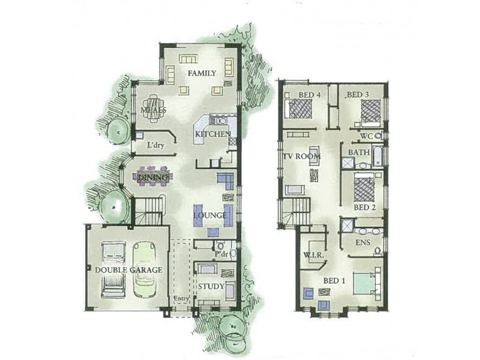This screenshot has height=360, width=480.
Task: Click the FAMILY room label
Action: point(202,73)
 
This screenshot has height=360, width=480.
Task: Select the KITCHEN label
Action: point(212,134)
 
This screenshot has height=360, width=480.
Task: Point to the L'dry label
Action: point(155,145)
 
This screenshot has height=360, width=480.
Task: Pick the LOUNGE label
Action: point(209,215)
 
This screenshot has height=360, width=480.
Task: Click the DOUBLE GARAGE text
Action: point(128,270)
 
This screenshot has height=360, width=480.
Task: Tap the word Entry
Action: point(181,299)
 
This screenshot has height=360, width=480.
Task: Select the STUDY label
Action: point(211,286)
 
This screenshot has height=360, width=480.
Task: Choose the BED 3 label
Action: point(358,95)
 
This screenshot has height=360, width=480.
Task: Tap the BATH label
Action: point(359,152)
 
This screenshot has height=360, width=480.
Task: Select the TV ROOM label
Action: point(302,157)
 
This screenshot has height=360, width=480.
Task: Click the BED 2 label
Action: point(364,207)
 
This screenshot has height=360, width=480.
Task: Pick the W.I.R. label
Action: point(314,256)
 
